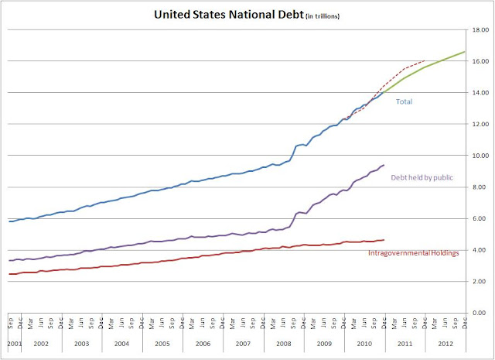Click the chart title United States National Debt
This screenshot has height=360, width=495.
[224, 14]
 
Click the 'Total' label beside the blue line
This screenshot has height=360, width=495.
[405, 101]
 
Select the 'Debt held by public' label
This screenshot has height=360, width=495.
[423, 178]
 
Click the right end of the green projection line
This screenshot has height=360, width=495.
[465, 52]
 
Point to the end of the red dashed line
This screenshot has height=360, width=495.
[425, 60]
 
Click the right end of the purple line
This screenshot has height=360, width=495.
[384, 164]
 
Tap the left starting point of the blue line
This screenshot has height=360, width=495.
[9, 221]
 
